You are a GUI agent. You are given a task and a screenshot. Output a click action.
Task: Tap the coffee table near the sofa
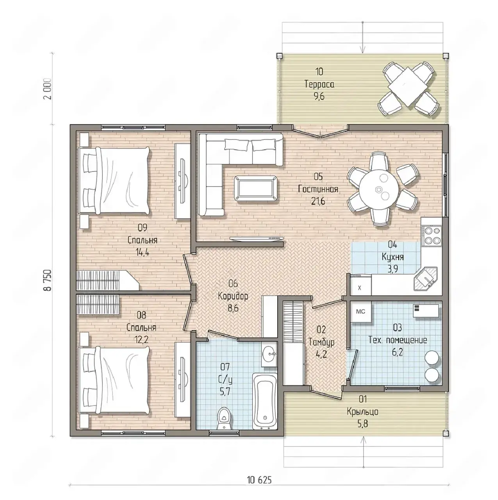[x=255, y=188]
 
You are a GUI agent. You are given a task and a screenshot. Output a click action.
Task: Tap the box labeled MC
[x=361, y=312]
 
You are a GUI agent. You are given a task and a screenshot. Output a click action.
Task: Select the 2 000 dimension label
[x=48, y=89]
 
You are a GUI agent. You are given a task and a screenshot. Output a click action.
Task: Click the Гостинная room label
[x=318, y=189]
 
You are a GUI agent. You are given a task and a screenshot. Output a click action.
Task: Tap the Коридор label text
[x=233, y=296]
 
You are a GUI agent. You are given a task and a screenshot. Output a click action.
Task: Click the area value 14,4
[x=142, y=252]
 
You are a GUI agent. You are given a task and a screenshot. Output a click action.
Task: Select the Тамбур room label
[x=321, y=342]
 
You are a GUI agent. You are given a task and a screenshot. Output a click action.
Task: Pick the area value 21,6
[x=318, y=201]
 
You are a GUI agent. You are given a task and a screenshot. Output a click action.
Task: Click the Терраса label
[x=319, y=84]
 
